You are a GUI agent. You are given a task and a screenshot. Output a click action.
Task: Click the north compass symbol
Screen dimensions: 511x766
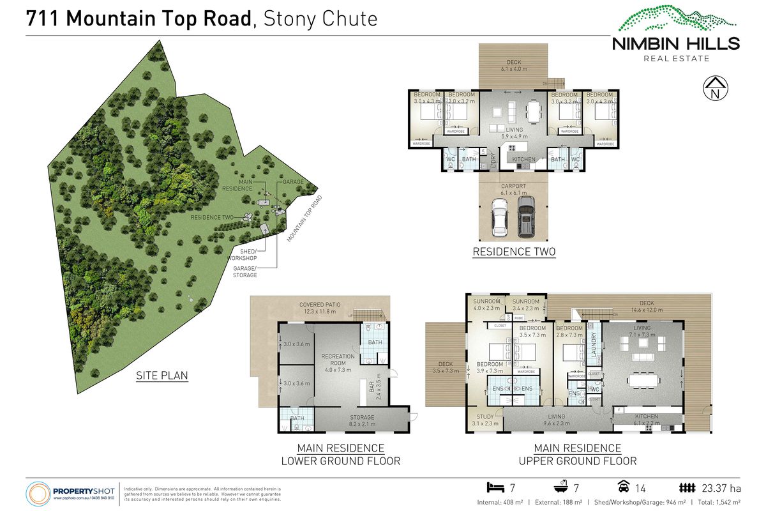click(715, 89)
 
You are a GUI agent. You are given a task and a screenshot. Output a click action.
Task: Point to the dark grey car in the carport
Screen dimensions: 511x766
click(526, 215)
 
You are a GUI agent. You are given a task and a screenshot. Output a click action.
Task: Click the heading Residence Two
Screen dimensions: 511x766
click(514, 252)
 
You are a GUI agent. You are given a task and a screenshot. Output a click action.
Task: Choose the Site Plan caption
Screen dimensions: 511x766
click(162, 375)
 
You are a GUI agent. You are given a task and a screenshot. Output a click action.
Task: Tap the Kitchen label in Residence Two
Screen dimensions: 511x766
click(523, 159)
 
